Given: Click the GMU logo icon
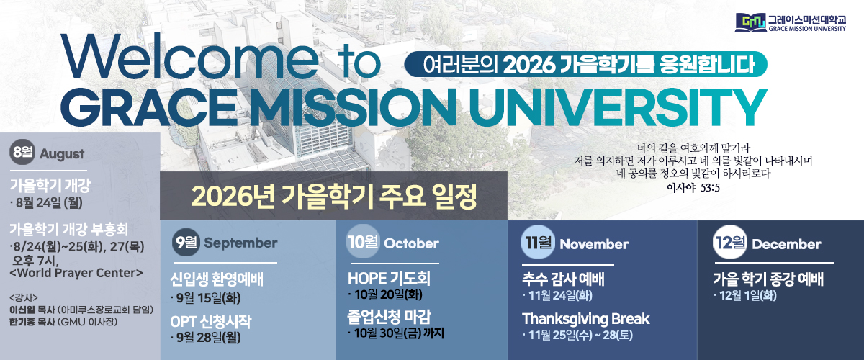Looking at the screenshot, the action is [750, 22].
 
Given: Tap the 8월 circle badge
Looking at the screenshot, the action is [22, 152].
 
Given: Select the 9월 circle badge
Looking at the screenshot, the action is [186, 243].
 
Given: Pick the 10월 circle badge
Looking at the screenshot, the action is [363, 241].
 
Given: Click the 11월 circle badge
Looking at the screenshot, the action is [538, 242].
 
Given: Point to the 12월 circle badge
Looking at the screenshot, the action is [730, 242].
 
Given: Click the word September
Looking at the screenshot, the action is [240, 243].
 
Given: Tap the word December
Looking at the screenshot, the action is [786, 244].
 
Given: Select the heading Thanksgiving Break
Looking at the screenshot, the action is [586, 319].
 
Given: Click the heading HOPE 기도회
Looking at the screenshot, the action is [389, 278].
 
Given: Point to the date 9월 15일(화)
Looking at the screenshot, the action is [206, 298].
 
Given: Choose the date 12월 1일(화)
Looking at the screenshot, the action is [745, 296].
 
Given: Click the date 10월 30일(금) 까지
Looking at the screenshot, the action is [396, 333].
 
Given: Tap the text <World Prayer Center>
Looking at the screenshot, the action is [76, 273].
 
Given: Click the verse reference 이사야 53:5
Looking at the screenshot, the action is [693, 188].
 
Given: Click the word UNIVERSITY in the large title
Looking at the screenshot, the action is [618, 107].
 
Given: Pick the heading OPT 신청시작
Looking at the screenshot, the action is [210, 321].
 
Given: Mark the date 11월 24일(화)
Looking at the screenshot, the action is [558, 296].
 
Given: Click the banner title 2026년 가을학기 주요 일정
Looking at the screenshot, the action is [334, 196].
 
